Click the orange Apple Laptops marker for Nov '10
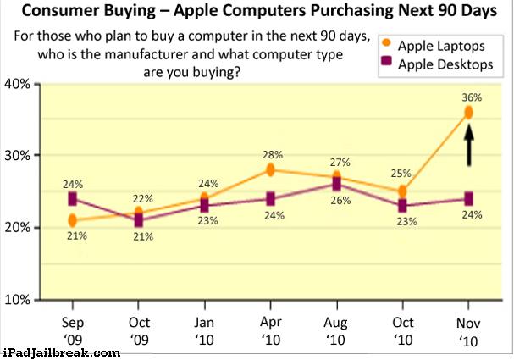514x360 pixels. pos(468,113)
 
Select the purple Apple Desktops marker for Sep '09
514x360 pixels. pos(73,199)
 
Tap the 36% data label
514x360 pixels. pos(472,97)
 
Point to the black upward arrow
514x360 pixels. pos(469,145)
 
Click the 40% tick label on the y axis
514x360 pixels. pos(17,84)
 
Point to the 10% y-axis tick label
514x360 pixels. pos(17,299)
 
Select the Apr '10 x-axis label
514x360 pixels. pos(271,331)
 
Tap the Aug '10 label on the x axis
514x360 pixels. pos(335,331)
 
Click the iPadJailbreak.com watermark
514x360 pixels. pos(61,353)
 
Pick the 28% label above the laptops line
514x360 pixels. pos(273,155)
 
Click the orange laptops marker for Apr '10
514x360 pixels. pos(270,170)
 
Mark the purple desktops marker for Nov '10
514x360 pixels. pos(468,199)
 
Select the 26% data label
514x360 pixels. pos(340,200)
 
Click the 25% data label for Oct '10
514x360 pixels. pos(401,173)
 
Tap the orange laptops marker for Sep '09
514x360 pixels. pos(73,220)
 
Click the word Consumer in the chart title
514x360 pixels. pos(61,10)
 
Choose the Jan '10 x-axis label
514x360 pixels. pos(205,331)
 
